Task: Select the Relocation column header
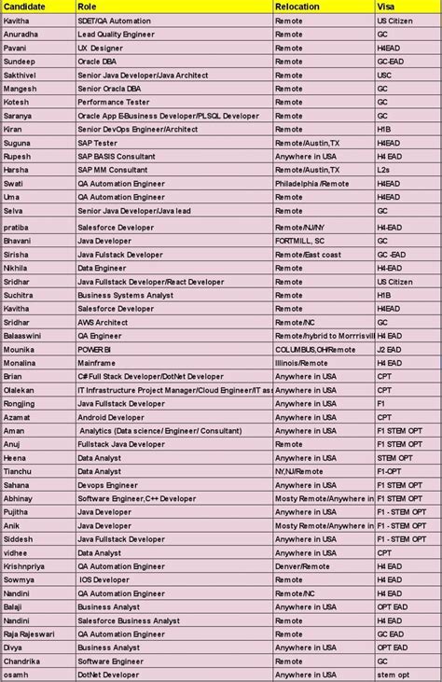pos(297,7)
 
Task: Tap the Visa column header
pos(384,7)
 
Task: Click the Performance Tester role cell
pos(113,102)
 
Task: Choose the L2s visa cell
pos(382,170)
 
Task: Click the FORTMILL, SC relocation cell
pos(300,240)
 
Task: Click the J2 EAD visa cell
pos(389,349)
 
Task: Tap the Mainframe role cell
pos(96,363)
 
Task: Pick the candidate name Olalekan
pos(21,390)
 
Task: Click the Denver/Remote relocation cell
pos(302,566)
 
